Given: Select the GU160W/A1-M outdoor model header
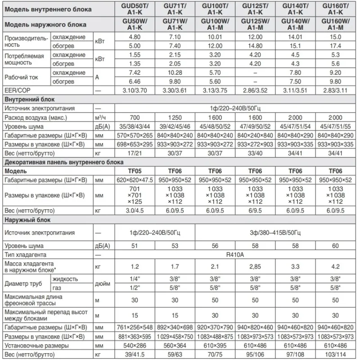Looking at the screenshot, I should [335, 24].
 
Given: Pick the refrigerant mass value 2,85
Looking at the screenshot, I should [255, 266].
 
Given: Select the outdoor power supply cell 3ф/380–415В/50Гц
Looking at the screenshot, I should [275, 233].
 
